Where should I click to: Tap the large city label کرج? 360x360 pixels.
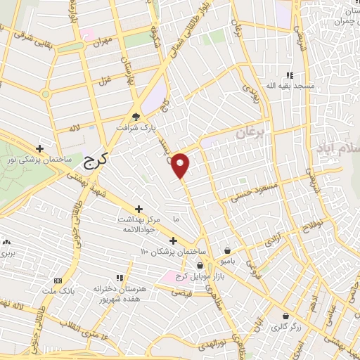pyautogui.click(x=89, y=161)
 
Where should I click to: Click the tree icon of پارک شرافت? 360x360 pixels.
pyautogui.click(x=136, y=117)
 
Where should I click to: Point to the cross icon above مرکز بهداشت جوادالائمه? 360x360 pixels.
pyautogui.click(x=139, y=209)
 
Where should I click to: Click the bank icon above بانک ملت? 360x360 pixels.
pyautogui.click(x=57, y=281)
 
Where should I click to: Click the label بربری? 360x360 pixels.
pyautogui.click(x=6, y=252)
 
